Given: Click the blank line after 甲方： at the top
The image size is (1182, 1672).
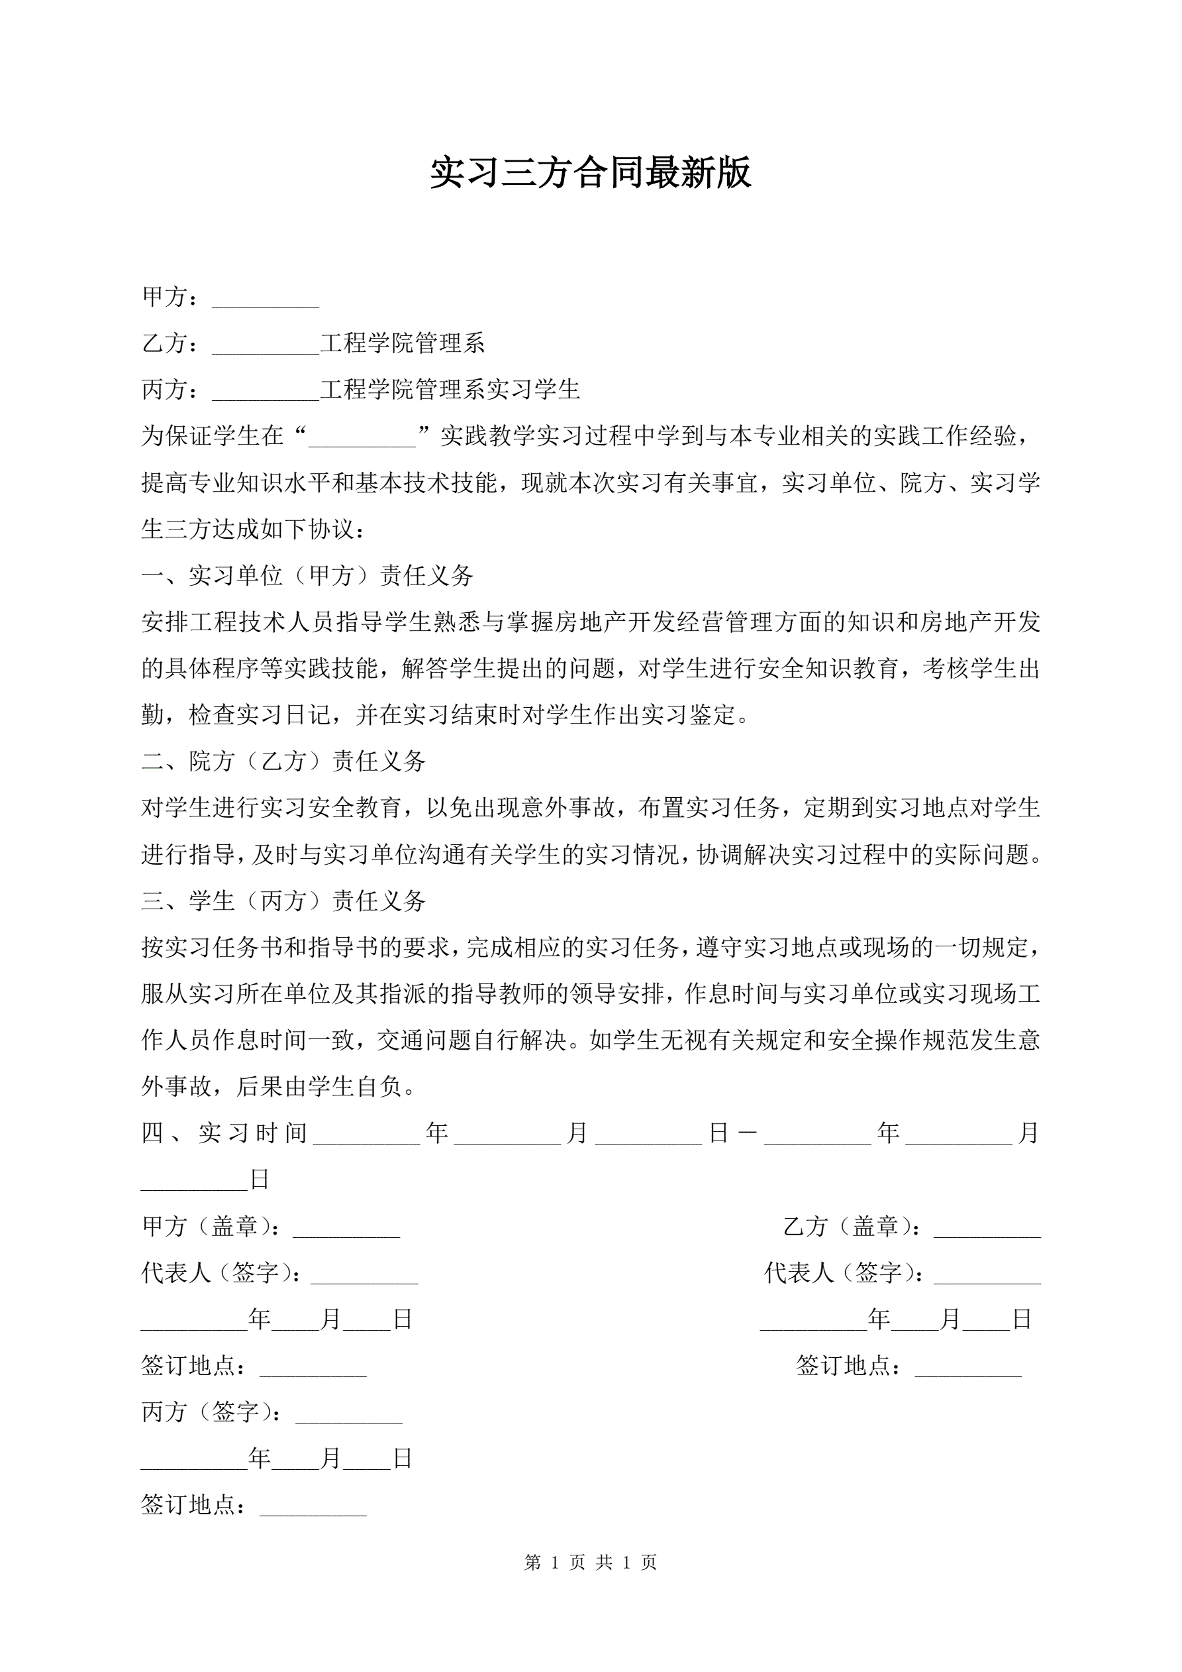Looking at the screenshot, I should pyautogui.click(x=266, y=299).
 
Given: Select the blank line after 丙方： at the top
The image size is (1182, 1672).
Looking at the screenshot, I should pyautogui.click(x=266, y=391).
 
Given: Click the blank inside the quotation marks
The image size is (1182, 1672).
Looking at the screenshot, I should pyautogui.click(x=362, y=437).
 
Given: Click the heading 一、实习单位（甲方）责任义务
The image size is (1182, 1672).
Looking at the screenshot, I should pyautogui.click(x=307, y=576).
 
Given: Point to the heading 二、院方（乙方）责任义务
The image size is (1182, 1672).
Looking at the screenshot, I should pyautogui.click(x=283, y=761).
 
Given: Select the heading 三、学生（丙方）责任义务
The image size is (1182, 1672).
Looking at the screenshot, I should pyautogui.click(x=283, y=901).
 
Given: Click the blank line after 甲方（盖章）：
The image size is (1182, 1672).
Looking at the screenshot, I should pyautogui.click(x=346, y=1228).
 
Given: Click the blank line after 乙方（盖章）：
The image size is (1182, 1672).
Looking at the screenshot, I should pyautogui.click(x=987, y=1228).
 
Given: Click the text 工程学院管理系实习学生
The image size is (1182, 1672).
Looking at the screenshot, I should pyautogui.click(x=450, y=390).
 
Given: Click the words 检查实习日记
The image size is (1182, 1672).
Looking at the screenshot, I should pyautogui.click(x=259, y=715).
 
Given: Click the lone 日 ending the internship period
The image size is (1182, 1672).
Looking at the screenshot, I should pyautogui.click(x=260, y=1180).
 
